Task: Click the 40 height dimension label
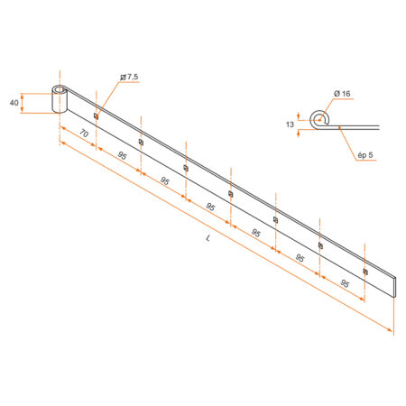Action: (14, 103)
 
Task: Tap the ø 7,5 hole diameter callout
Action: (129, 78)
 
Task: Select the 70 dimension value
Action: (83, 135)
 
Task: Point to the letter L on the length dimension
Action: (208, 238)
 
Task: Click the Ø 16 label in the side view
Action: (342, 95)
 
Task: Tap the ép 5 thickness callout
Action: (364, 157)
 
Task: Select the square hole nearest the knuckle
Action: (96, 115)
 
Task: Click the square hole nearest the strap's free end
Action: (364, 271)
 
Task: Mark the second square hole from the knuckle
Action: (141, 141)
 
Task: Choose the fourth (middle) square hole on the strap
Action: (231, 193)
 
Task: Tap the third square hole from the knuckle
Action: (186, 167)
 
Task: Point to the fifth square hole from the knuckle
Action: (275, 219)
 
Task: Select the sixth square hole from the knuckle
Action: (320, 245)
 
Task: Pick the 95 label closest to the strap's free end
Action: (345, 284)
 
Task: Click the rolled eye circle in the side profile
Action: (317, 118)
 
